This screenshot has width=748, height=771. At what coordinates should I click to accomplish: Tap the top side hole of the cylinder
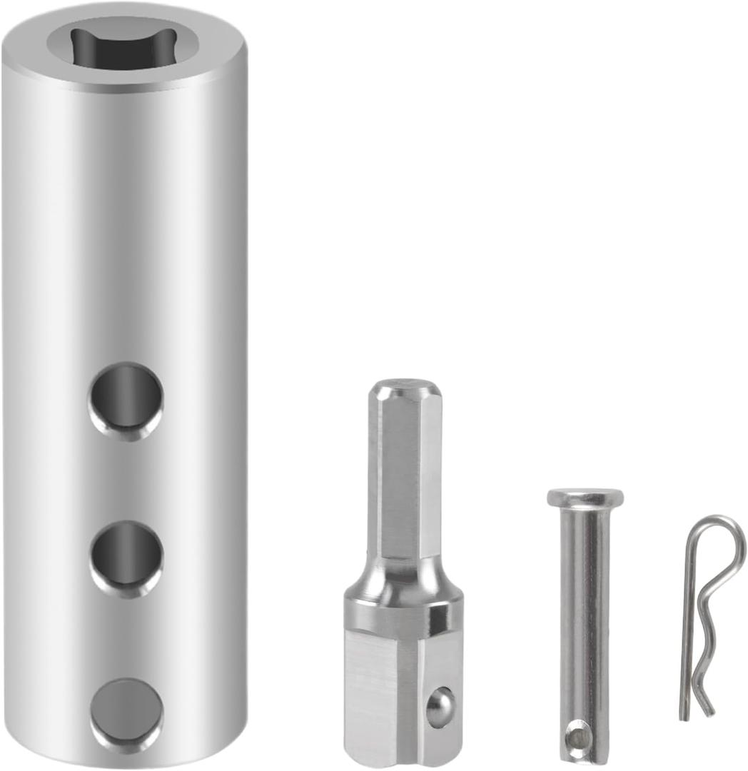(x=126, y=400)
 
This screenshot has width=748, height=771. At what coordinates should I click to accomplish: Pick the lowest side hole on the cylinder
(x=126, y=715)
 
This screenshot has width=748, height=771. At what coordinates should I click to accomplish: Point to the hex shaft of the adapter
(x=403, y=478)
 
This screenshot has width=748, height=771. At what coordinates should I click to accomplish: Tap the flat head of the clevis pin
(x=585, y=497)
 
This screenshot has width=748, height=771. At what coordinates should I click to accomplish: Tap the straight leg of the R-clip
(x=687, y=628)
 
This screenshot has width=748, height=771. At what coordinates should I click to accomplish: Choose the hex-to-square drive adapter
(x=403, y=571)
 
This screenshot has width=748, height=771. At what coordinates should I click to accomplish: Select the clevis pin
(x=584, y=621)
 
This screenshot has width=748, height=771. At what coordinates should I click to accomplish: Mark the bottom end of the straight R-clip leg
(x=684, y=714)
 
